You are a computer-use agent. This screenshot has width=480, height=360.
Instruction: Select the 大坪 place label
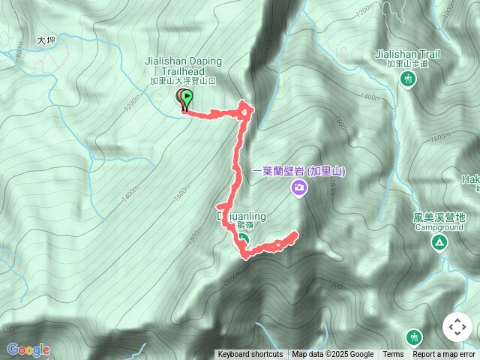click(x=46, y=42)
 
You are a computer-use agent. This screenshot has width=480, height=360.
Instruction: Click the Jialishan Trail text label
click(x=407, y=54)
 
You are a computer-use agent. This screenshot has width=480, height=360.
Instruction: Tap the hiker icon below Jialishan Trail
click(x=408, y=79)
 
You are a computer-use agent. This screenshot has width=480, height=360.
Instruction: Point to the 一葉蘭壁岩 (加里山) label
click(x=298, y=172)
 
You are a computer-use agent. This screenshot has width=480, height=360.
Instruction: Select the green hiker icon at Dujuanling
click(x=244, y=240)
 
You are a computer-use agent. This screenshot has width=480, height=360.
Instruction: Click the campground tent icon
click(x=438, y=242)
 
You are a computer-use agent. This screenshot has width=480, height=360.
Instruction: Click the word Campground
click(x=438, y=226)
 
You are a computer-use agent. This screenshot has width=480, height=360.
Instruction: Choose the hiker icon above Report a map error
click(x=413, y=337)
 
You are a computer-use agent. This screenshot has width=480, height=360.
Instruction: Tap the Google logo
click(x=28, y=349)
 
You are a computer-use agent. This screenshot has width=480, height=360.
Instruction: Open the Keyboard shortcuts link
click(x=250, y=355)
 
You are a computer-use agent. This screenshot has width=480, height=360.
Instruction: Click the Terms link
click(x=393, y=355)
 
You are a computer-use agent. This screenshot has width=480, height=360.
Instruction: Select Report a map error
click(x=444, y=355)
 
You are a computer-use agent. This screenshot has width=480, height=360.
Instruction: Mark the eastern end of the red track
click(x=294, y=234)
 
